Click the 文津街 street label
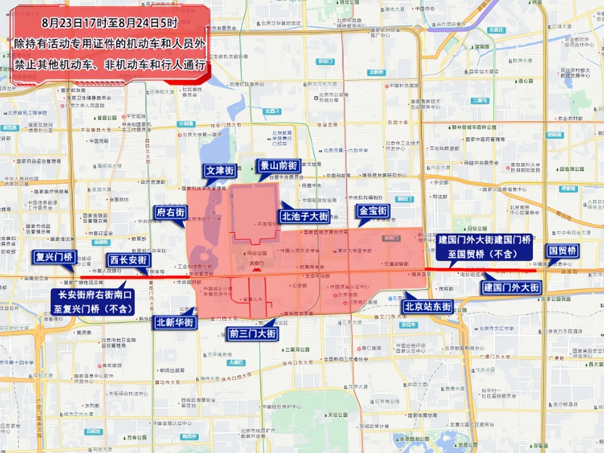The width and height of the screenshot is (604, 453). click(220, 171)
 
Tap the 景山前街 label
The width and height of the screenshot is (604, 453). click(279, 166)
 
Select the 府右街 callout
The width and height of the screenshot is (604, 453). click(171, 212)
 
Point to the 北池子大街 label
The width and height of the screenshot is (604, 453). click(305, 216)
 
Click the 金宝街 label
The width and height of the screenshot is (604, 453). click(373, 211)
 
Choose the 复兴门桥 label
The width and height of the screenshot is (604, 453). click(55, 257)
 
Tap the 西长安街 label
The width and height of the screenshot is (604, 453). click(128, 260)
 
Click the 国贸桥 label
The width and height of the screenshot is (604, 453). click(563, 251)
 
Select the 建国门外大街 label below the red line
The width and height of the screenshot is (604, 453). click(511, 288)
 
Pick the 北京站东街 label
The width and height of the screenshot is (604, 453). click(428, 307)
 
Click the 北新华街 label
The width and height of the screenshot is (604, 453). click(174, 323)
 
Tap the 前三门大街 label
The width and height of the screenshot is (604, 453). click(253, 334)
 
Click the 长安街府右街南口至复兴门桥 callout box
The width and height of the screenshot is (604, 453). click(93, 302)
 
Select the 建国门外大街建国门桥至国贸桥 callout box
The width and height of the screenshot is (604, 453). click(484, 247)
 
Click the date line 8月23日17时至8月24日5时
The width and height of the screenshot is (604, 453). click(110, 23)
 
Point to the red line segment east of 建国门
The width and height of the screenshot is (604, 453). click(479, 270)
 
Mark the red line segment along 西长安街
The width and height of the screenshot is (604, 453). click(134, 277)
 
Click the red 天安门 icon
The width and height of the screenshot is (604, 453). click(256, 269)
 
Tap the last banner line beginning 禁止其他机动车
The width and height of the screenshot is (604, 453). click(110, 64)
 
